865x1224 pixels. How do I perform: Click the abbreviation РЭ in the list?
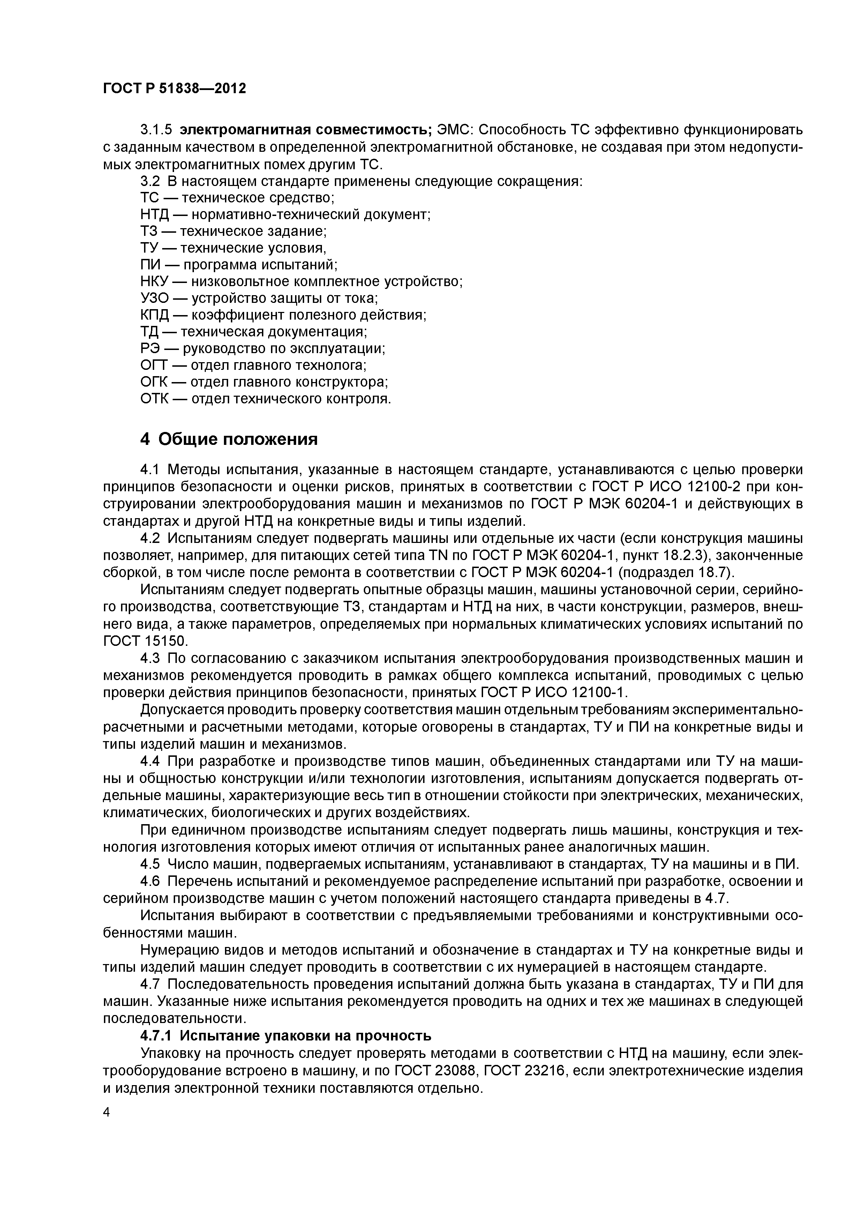(150, 349)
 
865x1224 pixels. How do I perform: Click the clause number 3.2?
(149, 181)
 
